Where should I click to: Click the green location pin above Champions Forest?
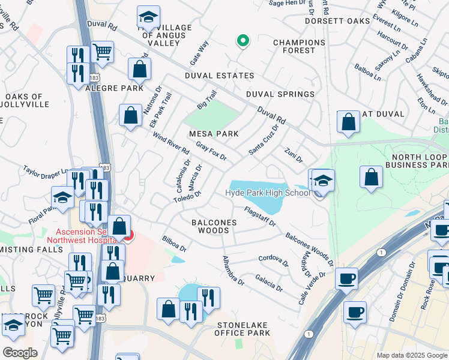243,41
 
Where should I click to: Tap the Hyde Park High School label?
267,193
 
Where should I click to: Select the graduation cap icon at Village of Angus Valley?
148,17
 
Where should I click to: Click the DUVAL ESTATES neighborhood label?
219,76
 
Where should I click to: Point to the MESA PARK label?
214,134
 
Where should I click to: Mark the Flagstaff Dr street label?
259,217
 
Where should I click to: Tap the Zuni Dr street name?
294,155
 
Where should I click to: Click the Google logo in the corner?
20,353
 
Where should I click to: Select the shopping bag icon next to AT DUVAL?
348,122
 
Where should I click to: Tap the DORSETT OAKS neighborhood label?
312,21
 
